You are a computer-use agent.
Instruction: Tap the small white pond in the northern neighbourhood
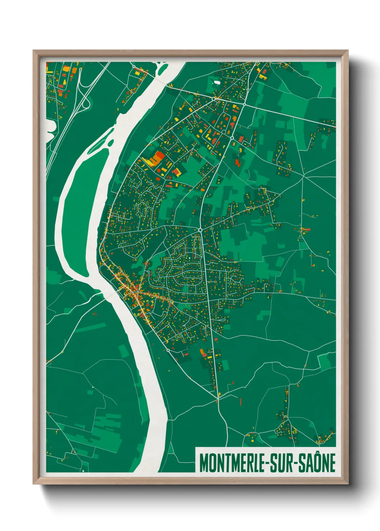(x=217, y=82)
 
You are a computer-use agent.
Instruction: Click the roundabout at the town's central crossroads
(x=200, y=229)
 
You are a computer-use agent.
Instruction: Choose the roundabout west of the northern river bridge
(x=134, y=67)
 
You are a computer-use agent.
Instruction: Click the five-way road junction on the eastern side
(x=303, y=176)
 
